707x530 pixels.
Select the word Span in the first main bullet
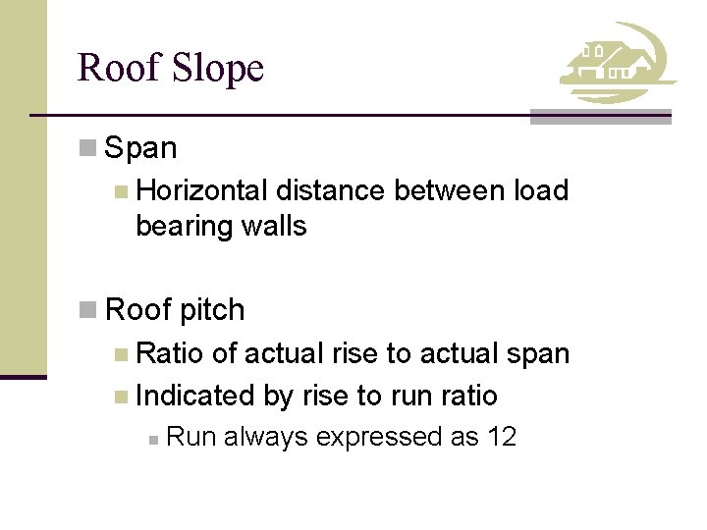[x=140, y=148]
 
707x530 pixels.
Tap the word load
[x=541, y=190]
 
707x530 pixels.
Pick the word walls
[x=277, y=226]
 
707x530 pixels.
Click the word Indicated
[x=196, y=396]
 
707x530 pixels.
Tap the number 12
[x=501, y=437]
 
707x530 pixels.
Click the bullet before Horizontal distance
[x=121, y=191]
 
